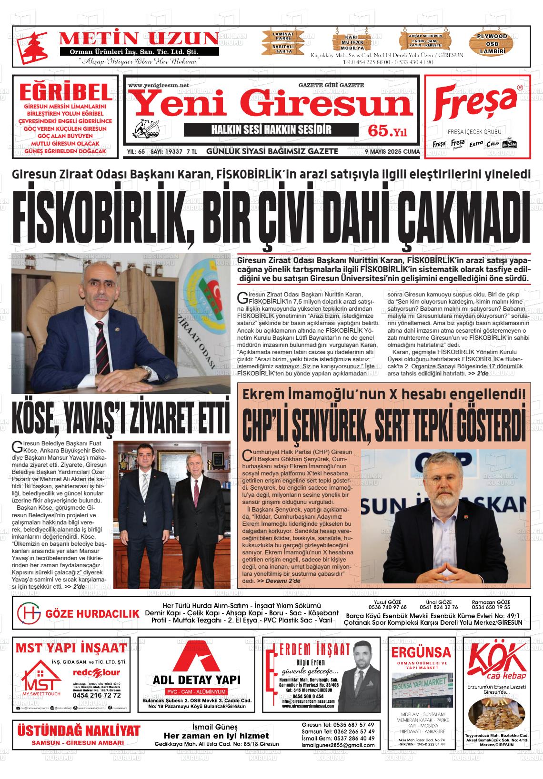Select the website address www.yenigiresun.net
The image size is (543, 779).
click(159, 85)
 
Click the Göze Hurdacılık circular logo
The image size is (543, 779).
click(29, 613)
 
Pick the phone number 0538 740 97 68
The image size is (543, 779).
click(387, 607)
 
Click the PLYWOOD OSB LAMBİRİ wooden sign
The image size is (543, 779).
click(492, 43)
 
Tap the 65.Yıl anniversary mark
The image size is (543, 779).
click(390, 131)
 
